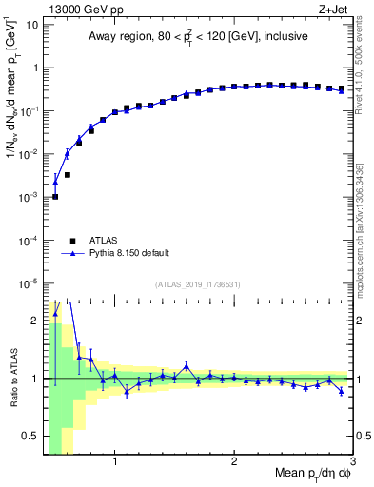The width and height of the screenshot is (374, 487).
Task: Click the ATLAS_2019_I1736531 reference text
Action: point(198,284)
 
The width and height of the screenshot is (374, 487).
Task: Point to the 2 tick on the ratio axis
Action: point(36,321)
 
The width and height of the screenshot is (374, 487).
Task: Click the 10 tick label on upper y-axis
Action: point(30,24)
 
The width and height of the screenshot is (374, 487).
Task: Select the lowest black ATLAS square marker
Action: point(55,197)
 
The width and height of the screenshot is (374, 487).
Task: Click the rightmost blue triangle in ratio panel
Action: point(341,391)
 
